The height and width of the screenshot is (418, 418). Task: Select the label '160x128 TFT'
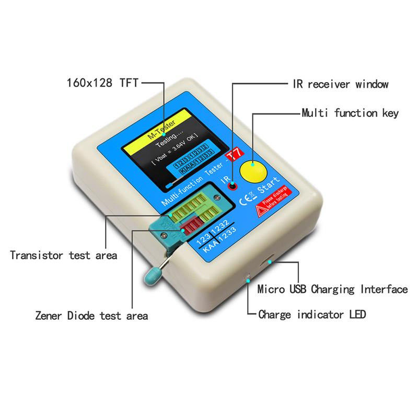[x=103, y=83]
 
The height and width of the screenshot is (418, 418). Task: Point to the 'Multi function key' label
[x=350, y=113]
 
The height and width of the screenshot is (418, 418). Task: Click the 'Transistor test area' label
[x=63, y=256]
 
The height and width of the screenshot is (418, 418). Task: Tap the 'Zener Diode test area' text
[x=91, y=316]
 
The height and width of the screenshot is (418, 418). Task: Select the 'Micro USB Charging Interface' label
[x=332, y=289]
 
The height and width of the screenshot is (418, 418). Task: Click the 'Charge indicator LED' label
[x=312, y=315]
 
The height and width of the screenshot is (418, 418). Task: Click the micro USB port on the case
[x=271, y=261]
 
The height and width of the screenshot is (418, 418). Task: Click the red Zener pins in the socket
[x=191, y=228]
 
